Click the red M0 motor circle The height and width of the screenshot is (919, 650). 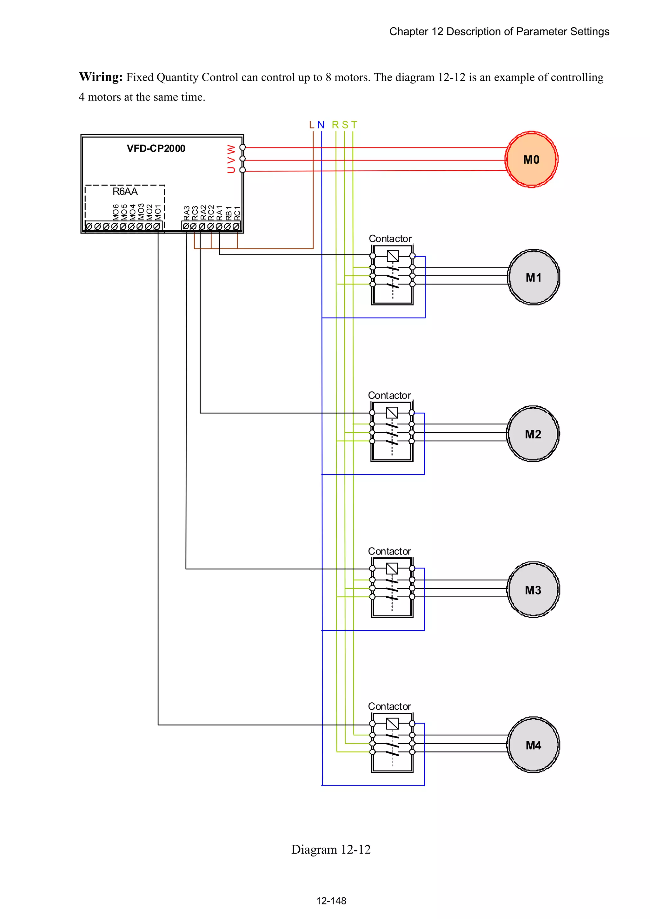(531, 159)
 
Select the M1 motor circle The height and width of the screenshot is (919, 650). (533, 277)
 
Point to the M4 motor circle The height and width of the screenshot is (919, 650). (533, 745)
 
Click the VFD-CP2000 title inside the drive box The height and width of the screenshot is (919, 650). (156, 148)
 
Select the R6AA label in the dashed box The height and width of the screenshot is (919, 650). (125, 191)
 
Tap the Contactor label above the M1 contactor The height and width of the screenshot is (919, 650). (390, 239)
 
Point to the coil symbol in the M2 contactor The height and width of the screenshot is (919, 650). (392, 412)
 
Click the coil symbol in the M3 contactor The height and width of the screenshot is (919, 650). (392, 568)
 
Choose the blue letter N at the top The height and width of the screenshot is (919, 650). (321, 125)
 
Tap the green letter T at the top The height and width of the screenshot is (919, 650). (354, 125)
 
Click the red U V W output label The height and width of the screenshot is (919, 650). (231, 159)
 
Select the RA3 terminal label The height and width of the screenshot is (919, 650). (187, 213)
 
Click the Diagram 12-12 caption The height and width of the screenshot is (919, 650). (331, 849)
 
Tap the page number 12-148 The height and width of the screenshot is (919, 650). (331, 901)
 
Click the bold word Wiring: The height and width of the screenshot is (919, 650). (101, 77)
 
